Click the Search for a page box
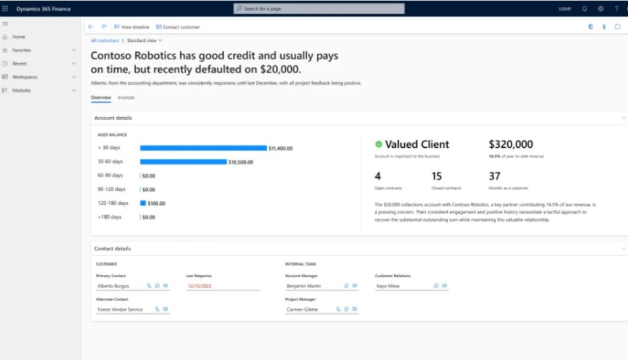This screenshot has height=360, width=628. point(319,9)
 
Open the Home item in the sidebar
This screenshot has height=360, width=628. point(18,37)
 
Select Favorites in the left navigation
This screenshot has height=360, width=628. point(21,50)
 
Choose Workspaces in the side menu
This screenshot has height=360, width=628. point(25,77)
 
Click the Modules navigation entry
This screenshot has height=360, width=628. point(21,91)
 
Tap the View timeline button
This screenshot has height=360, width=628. point(132,27)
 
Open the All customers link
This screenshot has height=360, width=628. point(105,40)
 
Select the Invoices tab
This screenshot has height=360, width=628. point(126,98)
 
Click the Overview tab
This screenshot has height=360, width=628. point(101,98)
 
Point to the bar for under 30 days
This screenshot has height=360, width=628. point(203,148)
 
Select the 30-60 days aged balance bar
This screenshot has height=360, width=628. point(183,162)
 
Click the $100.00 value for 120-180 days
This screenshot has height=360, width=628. point(156,203)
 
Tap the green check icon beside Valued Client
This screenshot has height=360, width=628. point(378,144)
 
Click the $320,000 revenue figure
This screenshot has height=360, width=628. point(511,144)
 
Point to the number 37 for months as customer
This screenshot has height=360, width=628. point(495,177)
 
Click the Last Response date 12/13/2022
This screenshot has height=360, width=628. point(199,286)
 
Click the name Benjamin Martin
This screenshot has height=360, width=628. point(304,286)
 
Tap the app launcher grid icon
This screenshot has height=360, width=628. point(6,9)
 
